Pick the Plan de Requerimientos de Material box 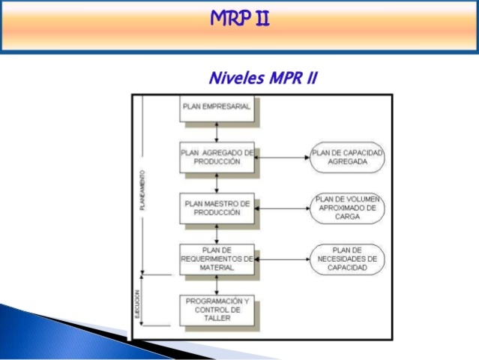217,258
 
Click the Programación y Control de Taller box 217,309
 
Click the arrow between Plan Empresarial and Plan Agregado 217,131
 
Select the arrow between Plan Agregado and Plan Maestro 217,181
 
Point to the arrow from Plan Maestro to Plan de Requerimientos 217,232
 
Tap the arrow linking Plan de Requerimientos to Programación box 217,283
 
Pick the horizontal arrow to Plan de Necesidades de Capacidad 282,259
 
